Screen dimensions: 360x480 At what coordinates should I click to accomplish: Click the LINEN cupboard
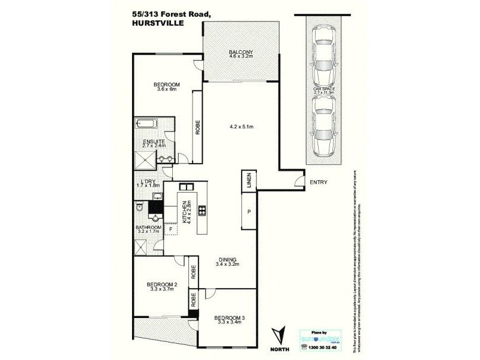click(248, 179)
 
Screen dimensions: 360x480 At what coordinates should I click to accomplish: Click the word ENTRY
click(318, 182)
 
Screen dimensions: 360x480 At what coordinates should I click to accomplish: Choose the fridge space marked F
click(171, 229)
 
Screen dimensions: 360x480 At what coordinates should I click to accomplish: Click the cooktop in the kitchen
click(202, 210)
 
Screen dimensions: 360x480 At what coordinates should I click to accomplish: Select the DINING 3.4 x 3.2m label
click(227, 262)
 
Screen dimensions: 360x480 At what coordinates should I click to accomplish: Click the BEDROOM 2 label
click(161, 287)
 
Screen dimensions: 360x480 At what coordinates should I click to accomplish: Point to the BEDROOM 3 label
click(228, 319)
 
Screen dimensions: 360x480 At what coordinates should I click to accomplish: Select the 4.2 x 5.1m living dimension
click(242, 127)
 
